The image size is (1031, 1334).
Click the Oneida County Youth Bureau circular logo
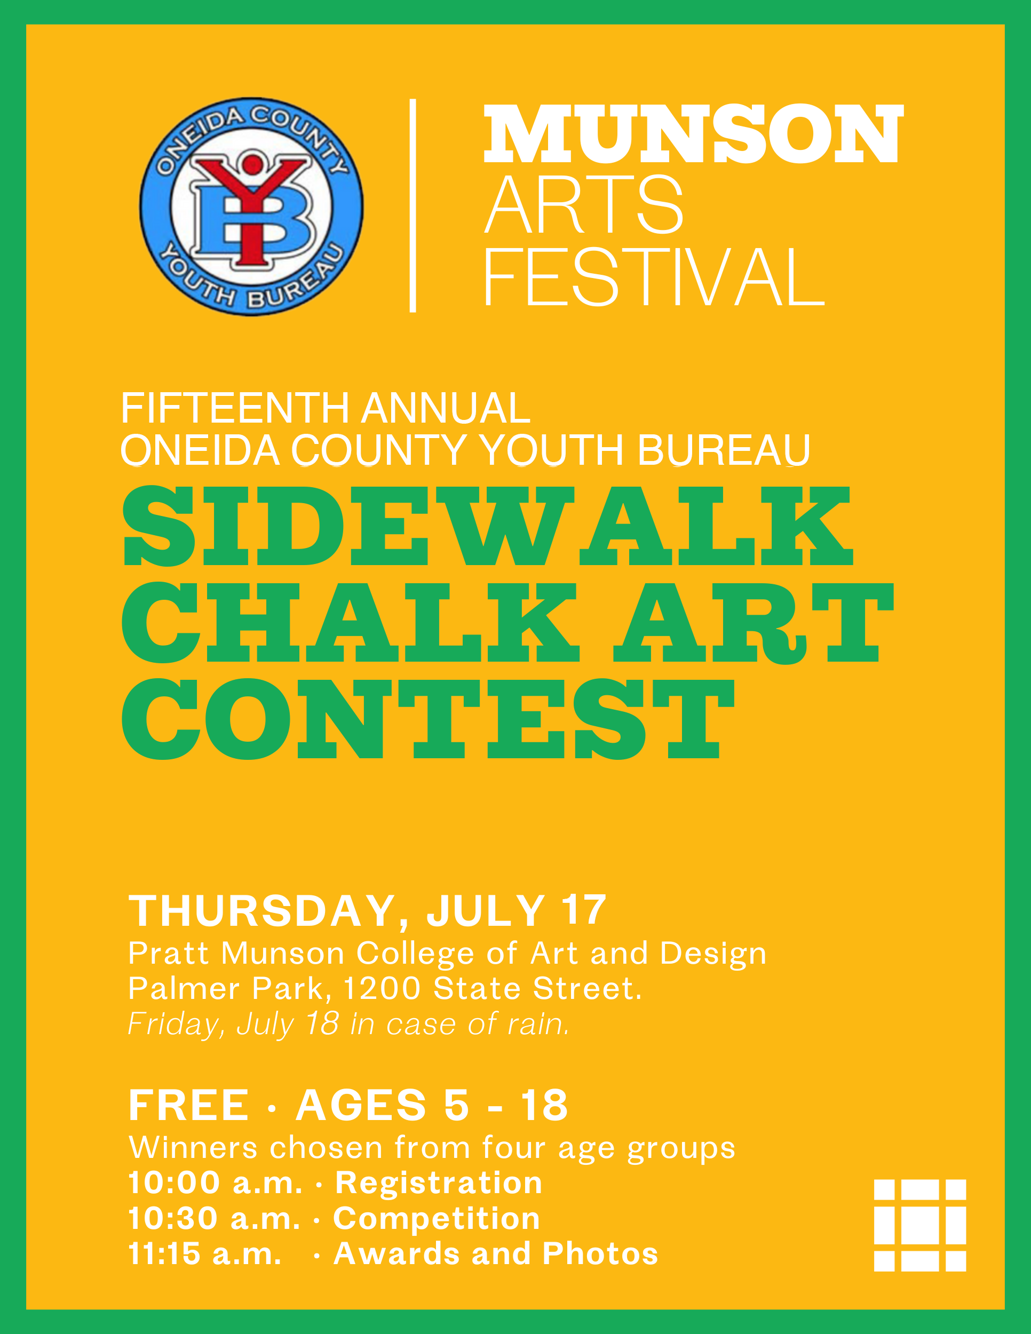(252, 207)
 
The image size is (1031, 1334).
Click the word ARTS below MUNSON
(583, 204)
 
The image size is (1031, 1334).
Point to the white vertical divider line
(413, 205)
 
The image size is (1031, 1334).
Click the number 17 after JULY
(584, 910)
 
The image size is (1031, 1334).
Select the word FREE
(189, 1105)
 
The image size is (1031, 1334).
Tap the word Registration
(439, 1183)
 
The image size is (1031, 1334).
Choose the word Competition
(436, 1219)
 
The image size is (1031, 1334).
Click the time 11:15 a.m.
(204, 1253)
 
